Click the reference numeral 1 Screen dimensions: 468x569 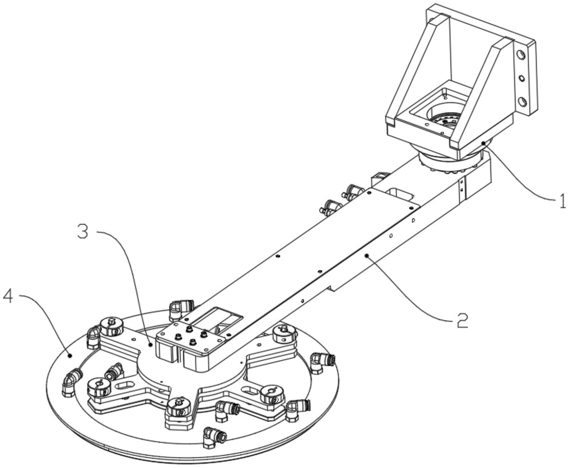tap(561, 201)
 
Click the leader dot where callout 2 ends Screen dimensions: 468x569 tap(366, 255)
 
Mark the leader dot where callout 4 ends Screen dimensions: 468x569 tap(70, 355)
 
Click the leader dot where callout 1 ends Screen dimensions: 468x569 tap(484, 143)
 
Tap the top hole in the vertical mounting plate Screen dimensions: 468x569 tap(521, 55)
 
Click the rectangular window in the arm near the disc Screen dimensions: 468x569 tap(217, 316)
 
